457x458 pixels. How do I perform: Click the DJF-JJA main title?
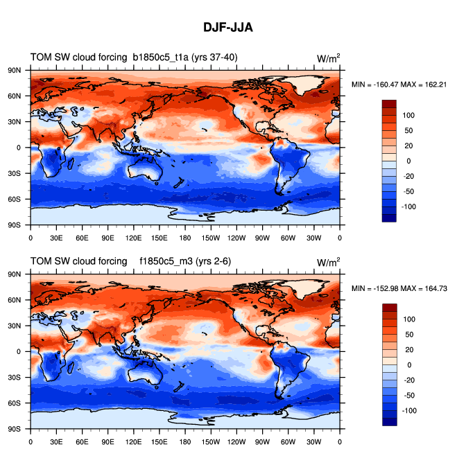[x=228, y=28]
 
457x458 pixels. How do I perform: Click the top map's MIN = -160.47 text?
[x=377, y=84]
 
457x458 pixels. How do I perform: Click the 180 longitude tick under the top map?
[x=185, y=237]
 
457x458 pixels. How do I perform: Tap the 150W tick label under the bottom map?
[x=211, y=441]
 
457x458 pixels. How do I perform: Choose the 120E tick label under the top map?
[x=134, y=237]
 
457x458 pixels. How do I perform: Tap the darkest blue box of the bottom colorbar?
[x=389, y=421]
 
